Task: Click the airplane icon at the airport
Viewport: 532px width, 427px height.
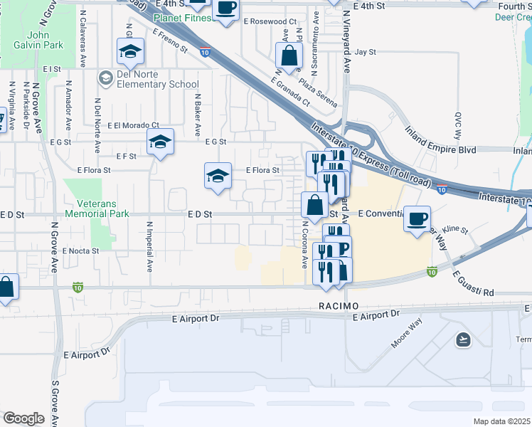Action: [464, 339]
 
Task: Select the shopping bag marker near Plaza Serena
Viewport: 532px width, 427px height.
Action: [289, 56]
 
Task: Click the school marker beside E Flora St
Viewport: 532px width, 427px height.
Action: [218, 176]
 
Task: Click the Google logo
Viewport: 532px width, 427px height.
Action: [23, 418]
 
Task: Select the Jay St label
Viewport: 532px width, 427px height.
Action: [364, 52]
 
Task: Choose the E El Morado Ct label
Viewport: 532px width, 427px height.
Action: [133, 125]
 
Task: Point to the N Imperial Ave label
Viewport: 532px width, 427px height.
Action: [150, 247]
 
